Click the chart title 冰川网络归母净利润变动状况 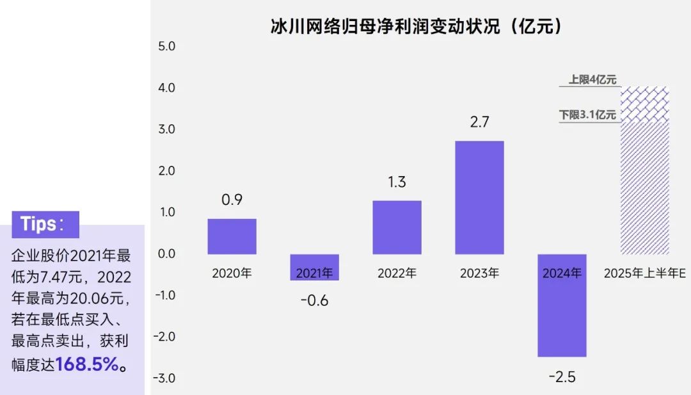click(385, 26)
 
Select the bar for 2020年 click(232, 236)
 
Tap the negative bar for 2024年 click(562, 305)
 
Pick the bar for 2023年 click(479, 197)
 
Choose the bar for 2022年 click(397, 227)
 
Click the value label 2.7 click(479, 122)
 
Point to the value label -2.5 click(562, 377)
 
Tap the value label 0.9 click(232, 200)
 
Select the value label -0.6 click(315, 301)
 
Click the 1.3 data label click(397, 182)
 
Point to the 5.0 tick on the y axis click(166, 46)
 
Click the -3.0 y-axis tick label click(164, 378)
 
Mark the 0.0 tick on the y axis click(166, 254)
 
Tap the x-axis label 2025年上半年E click(645, 273)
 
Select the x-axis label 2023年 click(479, 273)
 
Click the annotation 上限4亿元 click(592, 79)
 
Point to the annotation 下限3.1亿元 click(587, 115)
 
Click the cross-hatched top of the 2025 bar click(645, 104)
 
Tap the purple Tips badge click(45, 225)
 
